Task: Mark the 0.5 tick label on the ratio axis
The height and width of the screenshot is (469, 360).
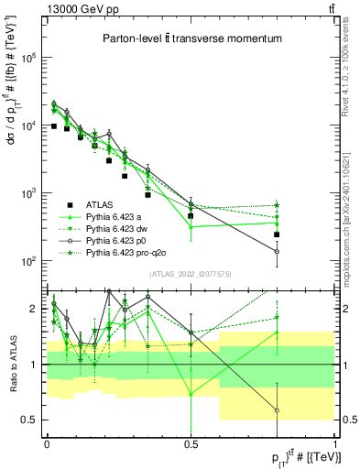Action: point(29,420)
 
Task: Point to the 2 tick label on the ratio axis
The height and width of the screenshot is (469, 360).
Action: point(33,309)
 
